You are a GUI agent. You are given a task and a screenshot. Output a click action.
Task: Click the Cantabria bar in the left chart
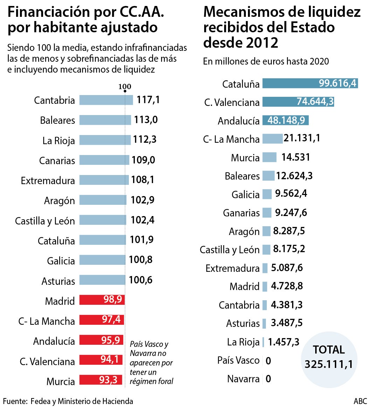106,100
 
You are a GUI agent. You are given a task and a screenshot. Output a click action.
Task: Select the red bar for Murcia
101,380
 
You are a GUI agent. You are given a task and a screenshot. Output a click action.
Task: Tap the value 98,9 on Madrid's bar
112,299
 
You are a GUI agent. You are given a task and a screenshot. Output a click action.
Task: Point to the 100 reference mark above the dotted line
125,87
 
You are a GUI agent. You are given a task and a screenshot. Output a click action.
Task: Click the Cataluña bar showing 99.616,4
310,83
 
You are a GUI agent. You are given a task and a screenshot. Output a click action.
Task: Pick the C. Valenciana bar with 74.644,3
298,102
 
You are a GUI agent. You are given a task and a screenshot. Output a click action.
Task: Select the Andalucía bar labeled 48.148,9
285,120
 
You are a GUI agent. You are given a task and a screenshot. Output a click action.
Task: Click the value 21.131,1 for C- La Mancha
302,138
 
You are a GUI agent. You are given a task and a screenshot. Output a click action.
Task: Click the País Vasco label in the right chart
238,360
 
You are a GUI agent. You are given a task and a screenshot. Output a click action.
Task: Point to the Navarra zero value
268,379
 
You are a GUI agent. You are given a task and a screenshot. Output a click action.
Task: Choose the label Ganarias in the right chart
241,213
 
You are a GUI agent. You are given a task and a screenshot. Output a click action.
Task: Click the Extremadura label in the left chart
48,181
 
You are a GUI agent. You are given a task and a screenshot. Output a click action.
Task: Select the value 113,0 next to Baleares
146,120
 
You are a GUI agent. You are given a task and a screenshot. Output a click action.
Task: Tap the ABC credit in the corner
360,401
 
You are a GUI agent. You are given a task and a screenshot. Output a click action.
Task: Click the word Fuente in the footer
15,401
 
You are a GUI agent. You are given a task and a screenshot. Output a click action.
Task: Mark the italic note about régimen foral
151,363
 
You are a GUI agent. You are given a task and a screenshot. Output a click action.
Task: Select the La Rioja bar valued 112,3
105,140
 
